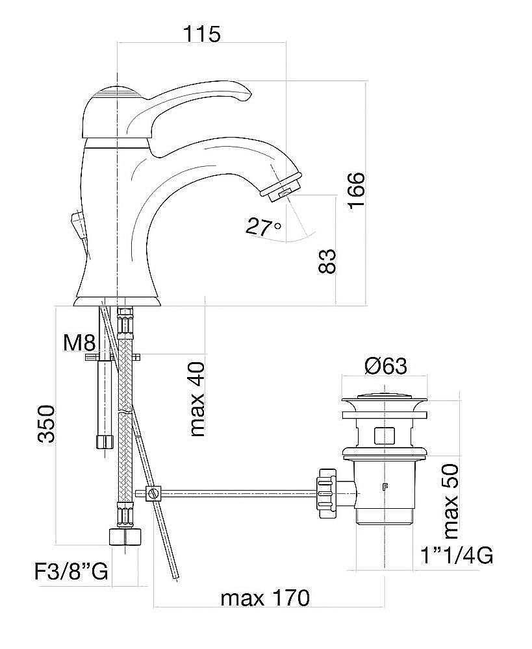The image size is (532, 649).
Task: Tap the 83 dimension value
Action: pos(329,260)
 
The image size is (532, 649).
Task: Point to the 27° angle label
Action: pos(263,227)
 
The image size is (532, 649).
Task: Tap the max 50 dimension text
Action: pos(449,502)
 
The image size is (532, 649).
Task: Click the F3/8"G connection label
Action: pos(71,572)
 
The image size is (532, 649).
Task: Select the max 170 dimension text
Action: pos(265,598)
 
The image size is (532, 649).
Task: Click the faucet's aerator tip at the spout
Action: pos(281,185)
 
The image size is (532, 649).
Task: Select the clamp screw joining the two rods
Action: pos(153,493)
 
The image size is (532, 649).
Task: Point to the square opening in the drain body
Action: pos(385,435)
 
